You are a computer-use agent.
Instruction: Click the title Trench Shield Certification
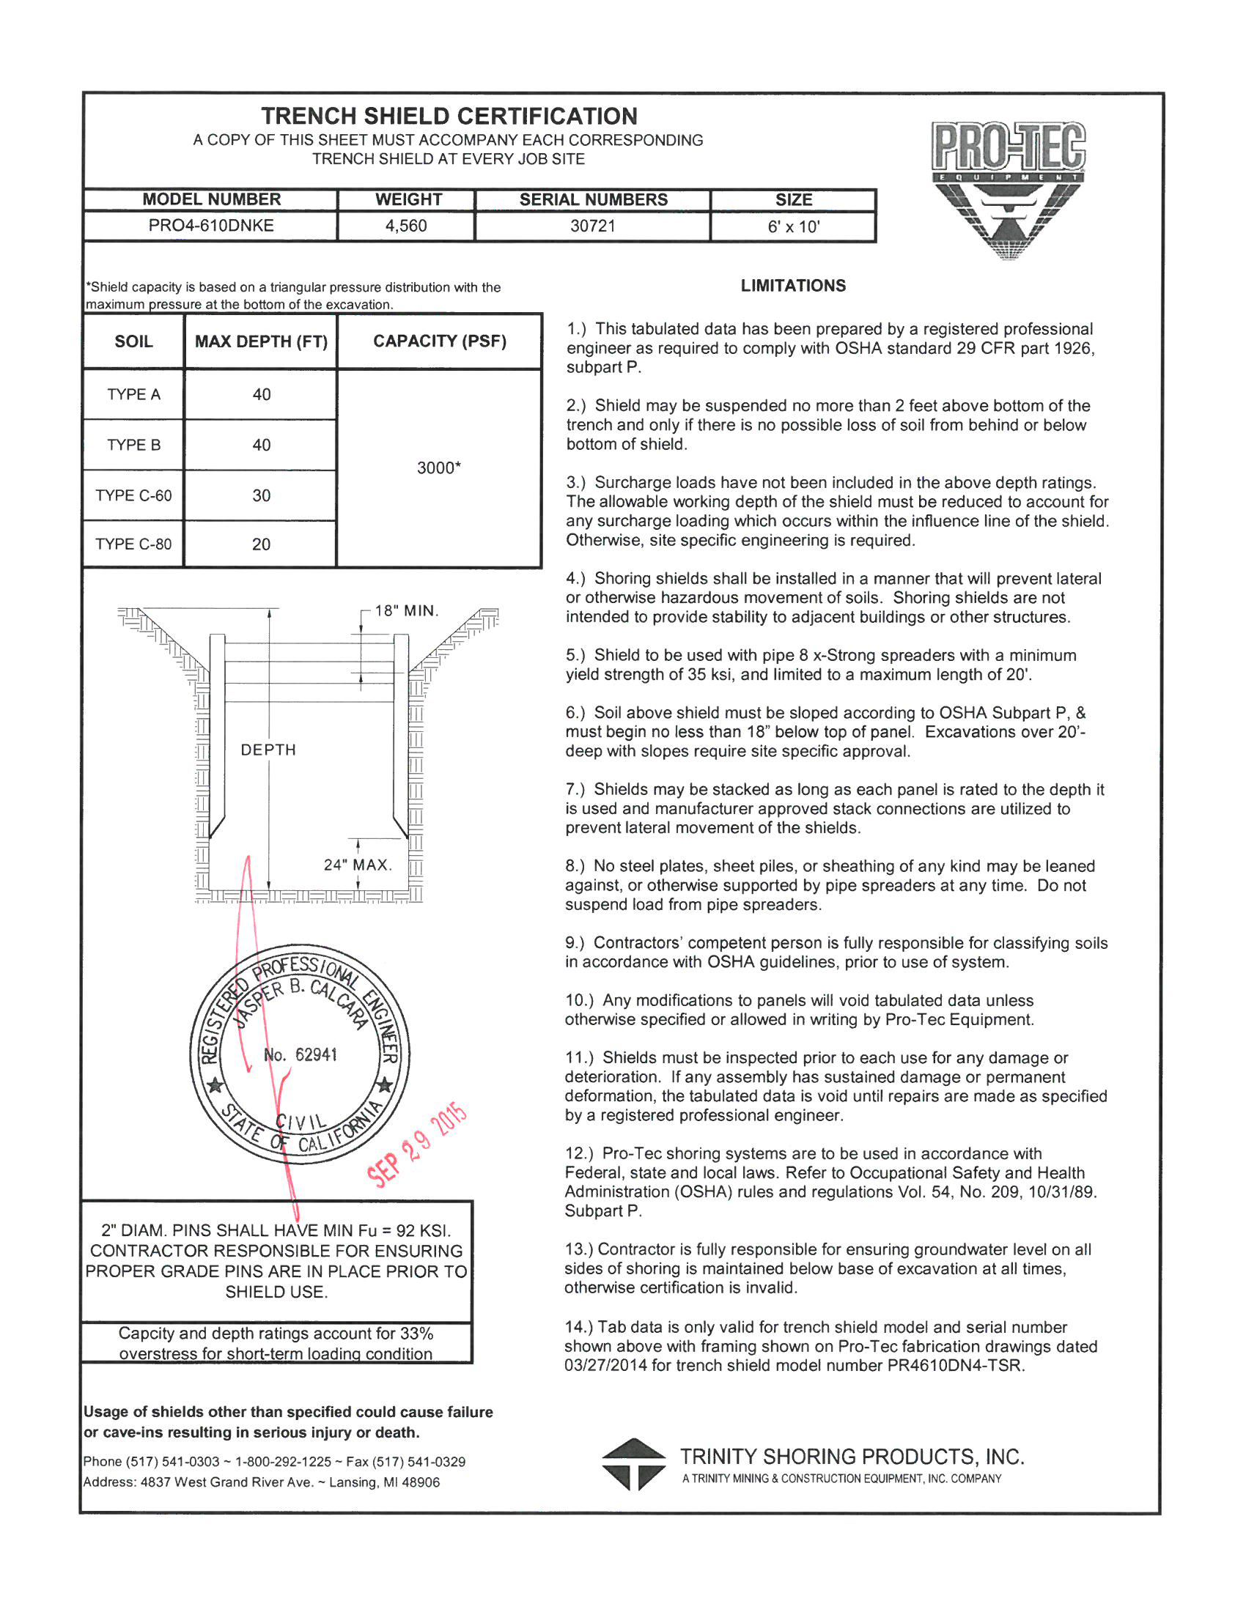click(449, 116)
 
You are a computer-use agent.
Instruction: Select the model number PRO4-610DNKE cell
click(211, 226)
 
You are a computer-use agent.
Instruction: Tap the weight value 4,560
click(406, 226)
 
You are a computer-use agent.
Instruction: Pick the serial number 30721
click(593, 226)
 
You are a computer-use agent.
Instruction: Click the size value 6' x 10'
click(794, 226)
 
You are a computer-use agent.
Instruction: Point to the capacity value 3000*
click(439, 468)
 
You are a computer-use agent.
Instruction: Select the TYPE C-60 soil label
click(133, 495)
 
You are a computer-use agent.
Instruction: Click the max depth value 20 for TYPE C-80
click(262, 544)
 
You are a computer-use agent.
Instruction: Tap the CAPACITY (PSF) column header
click(440, 341)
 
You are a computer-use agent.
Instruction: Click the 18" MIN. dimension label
click(407, 611)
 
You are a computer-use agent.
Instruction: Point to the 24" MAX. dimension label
click(358, 865)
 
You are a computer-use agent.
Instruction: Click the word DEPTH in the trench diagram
click(269, 750)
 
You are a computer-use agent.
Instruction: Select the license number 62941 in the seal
click(316, 1054)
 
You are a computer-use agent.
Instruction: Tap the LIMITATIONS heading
click(794, 286)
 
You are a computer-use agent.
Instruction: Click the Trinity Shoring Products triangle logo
click(633, 1465)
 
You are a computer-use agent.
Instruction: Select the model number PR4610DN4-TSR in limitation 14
click(956, 1366)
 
